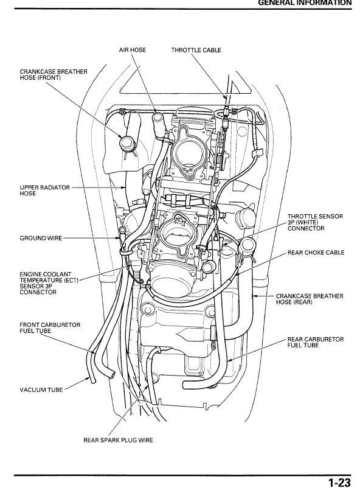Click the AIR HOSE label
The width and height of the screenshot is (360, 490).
tap(132, 50)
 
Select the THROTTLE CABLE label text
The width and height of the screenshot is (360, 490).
tap(196, 50)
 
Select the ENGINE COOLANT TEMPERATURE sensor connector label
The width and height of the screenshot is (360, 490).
tap(45, 283)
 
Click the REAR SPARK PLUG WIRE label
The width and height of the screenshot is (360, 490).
tap(117, 439)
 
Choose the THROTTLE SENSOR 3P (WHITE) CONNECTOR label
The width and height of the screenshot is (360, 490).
tap(314, 222)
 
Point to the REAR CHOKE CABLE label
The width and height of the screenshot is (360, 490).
tap(316, 252)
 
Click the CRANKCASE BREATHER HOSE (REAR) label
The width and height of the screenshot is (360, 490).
tap(309, 299)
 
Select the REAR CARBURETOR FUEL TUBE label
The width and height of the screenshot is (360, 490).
tap(315, 342)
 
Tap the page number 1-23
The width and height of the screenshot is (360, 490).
tap(339, 483)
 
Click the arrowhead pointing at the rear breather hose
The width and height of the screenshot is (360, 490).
tap(255, 296)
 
